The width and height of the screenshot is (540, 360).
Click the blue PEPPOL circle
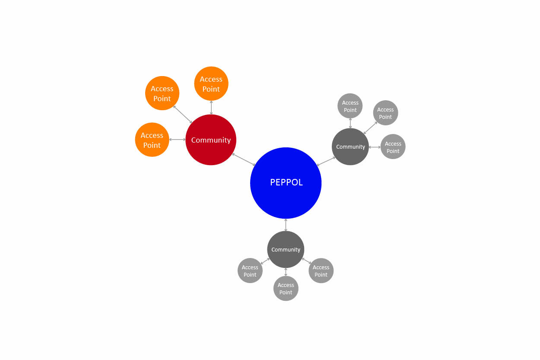286,183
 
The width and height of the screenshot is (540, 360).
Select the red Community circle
211,140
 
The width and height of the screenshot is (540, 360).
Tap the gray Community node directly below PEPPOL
286,249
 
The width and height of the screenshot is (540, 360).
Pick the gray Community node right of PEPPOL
350,147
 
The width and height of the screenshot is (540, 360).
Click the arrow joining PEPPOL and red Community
244,159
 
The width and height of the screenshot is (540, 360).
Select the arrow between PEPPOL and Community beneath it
286,225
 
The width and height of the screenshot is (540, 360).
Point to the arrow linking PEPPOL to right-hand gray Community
326,161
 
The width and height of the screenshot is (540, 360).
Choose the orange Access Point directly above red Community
211,83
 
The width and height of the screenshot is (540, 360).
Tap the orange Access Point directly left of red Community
152,140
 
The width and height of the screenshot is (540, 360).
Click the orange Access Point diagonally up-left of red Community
162,93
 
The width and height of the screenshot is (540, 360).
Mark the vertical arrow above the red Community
211,108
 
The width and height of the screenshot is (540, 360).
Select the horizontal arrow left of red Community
177,140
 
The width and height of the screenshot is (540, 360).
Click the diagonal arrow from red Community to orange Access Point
182,114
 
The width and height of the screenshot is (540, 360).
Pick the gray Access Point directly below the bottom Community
286,288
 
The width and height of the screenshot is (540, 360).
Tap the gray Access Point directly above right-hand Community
350,106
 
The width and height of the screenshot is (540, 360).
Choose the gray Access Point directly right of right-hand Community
393,147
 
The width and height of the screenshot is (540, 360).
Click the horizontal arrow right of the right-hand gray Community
375,147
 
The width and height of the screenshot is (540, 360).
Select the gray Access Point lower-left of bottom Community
250,271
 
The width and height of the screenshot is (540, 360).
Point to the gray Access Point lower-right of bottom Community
321,271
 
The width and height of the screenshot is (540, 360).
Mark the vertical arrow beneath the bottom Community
286,272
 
